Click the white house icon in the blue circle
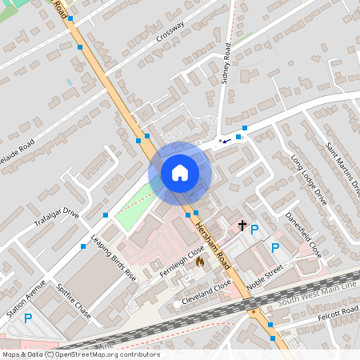click(x=179, y=172)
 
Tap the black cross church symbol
click(x=242, y=226)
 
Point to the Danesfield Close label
click(x=303, y=234)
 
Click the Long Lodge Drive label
click(x=309, y=179)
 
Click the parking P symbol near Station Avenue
click(x=28, y=318)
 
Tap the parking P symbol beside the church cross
click(x=254, y=230)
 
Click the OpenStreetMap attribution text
click(x=80, y=354)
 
